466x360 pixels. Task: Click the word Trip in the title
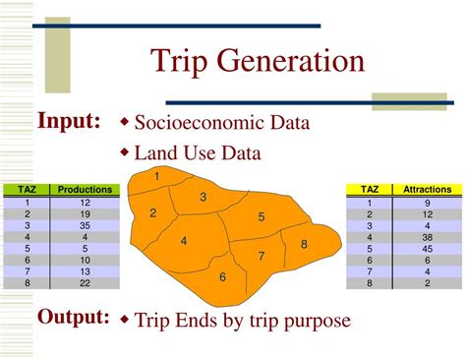[x=179, y=62]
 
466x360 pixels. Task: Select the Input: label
[x=69, y=121]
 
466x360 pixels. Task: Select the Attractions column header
[x=427, y=189]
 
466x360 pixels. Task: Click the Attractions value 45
[x=427, y=249]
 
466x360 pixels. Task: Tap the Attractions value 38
[x=427, y=237]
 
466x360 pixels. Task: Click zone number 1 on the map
[x=156, y=175]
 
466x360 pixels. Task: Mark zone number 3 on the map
[x=203, y=197]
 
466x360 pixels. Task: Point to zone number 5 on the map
[x=261, y=217]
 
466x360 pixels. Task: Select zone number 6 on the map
[x=222, y=277]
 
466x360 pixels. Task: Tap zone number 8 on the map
[x=304, y=244]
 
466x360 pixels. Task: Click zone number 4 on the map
[x=184, y=241]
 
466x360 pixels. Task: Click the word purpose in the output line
[x=315, y=322]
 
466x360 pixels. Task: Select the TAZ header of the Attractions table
[x=370, y=189]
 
